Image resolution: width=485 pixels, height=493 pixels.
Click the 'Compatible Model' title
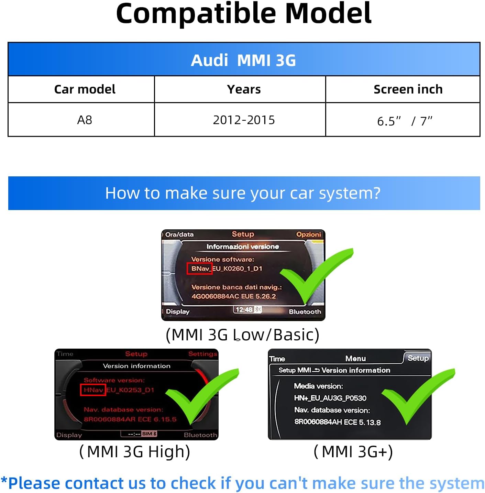[243, 14]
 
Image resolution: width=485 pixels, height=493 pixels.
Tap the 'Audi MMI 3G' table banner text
[243, 60]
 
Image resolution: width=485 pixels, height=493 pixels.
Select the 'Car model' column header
[85, 89]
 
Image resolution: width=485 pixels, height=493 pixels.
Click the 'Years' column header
[244, 89]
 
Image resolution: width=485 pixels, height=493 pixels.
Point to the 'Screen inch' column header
[408, 89]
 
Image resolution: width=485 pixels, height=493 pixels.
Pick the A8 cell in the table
[85, 120]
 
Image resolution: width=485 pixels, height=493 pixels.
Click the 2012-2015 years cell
[244, 120]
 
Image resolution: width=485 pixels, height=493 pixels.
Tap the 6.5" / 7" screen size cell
[405, 121]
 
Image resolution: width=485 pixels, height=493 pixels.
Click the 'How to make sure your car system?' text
[243, 193]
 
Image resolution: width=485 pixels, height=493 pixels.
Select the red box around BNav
[199, 269]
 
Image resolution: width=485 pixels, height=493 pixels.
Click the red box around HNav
[93, 390]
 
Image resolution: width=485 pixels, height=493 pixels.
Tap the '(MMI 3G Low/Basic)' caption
[242, 335]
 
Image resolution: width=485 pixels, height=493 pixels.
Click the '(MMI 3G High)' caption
[135, 452]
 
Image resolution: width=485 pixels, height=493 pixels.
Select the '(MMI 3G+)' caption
[353, 452]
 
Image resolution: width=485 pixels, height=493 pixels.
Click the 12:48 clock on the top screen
[244, 310]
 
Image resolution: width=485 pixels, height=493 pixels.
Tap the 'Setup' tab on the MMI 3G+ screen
[418, 358]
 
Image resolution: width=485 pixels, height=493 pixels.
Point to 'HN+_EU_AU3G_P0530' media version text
[330, 398]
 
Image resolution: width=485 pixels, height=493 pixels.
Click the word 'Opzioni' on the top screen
[308, 234]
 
